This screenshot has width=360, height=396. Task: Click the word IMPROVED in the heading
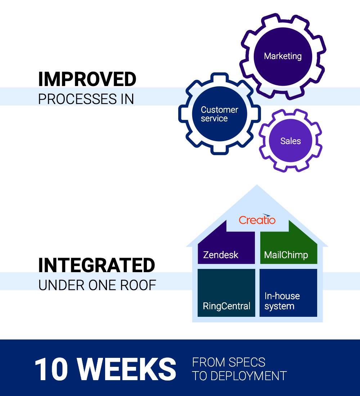tap(87, 80)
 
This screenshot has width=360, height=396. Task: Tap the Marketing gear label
tap(283, 56)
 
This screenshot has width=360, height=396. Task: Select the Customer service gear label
tap(219, 114)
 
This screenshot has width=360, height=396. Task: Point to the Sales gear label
tap(291, 141)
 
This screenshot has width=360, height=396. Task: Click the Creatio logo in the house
tap(257, 219)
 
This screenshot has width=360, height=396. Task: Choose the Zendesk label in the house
tap(221, 255)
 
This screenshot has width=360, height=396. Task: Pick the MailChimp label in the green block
tap(286, 255)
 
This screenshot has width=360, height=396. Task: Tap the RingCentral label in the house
tap(226, 306)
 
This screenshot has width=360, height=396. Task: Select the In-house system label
tap(282, 301)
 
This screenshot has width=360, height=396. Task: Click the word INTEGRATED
tap(96, 266)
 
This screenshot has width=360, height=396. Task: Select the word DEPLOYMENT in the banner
tap(248, 375)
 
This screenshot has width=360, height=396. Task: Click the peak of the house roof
tap(257, 186)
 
